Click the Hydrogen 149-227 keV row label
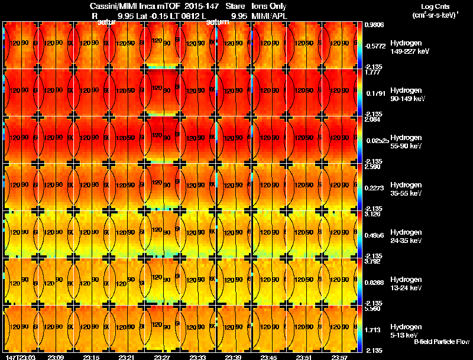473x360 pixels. point(410,47)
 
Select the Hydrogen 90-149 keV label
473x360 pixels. point(409,94)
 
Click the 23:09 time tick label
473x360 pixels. point(56,357)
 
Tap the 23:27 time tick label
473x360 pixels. point(162,357)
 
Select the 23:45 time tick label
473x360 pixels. point(268,357)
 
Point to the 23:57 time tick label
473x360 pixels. point(339,357)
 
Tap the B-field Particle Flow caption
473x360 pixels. point(442,342)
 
